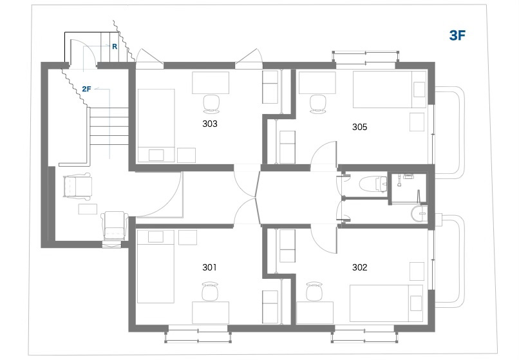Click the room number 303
tap(210, 124)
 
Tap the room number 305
tap(359, 127)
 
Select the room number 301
tap(209, 267)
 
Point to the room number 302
tap(359, 267)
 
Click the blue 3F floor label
tap(457, 35)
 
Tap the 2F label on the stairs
tap(86, 89)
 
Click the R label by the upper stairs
tap(115, 47)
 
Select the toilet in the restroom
tap(373, 184)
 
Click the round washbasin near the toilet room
tap(419, 214)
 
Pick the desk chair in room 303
tap(211, 104)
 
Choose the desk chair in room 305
tap(318, 103)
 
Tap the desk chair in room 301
tap(211, 291)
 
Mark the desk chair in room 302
tap(314, 291)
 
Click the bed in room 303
tap(156, 126)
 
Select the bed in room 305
tap(390, 90)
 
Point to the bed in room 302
tap(386, 303)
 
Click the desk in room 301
tap(211, 312)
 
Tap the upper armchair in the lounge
tap(77, 187)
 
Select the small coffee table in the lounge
tap(88, 209)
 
